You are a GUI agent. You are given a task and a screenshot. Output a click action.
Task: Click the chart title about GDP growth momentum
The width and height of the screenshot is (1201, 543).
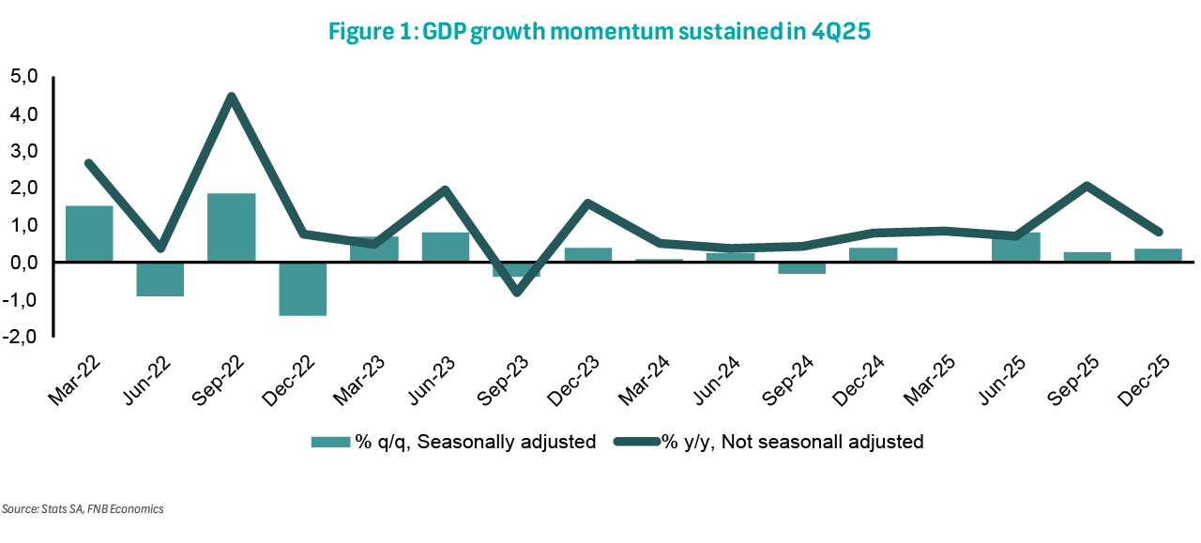600,31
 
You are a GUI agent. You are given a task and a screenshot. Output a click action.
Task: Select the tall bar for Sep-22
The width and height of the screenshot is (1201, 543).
231,228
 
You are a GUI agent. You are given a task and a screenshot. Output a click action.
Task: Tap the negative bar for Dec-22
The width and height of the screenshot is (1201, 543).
302,289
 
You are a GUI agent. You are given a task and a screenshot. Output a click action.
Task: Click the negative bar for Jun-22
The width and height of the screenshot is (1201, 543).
160,279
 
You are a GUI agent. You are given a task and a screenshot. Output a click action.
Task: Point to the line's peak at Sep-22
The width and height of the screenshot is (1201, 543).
231,97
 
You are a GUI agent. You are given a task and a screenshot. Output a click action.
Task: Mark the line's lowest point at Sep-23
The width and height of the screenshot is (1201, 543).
515,293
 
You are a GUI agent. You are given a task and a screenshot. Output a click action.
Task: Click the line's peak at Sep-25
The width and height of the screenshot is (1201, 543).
1087,186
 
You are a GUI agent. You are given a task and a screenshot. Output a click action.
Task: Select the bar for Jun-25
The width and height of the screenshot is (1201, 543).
1015,248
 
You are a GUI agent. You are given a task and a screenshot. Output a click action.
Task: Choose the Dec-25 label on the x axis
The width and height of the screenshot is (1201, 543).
1144,381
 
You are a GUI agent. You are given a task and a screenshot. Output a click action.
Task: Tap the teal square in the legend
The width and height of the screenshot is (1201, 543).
328,442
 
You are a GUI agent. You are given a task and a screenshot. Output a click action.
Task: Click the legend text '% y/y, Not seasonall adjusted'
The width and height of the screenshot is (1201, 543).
792,442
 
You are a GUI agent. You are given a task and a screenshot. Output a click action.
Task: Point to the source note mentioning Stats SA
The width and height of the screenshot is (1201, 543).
83,509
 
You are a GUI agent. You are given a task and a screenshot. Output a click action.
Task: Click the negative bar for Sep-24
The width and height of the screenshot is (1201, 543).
800,268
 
